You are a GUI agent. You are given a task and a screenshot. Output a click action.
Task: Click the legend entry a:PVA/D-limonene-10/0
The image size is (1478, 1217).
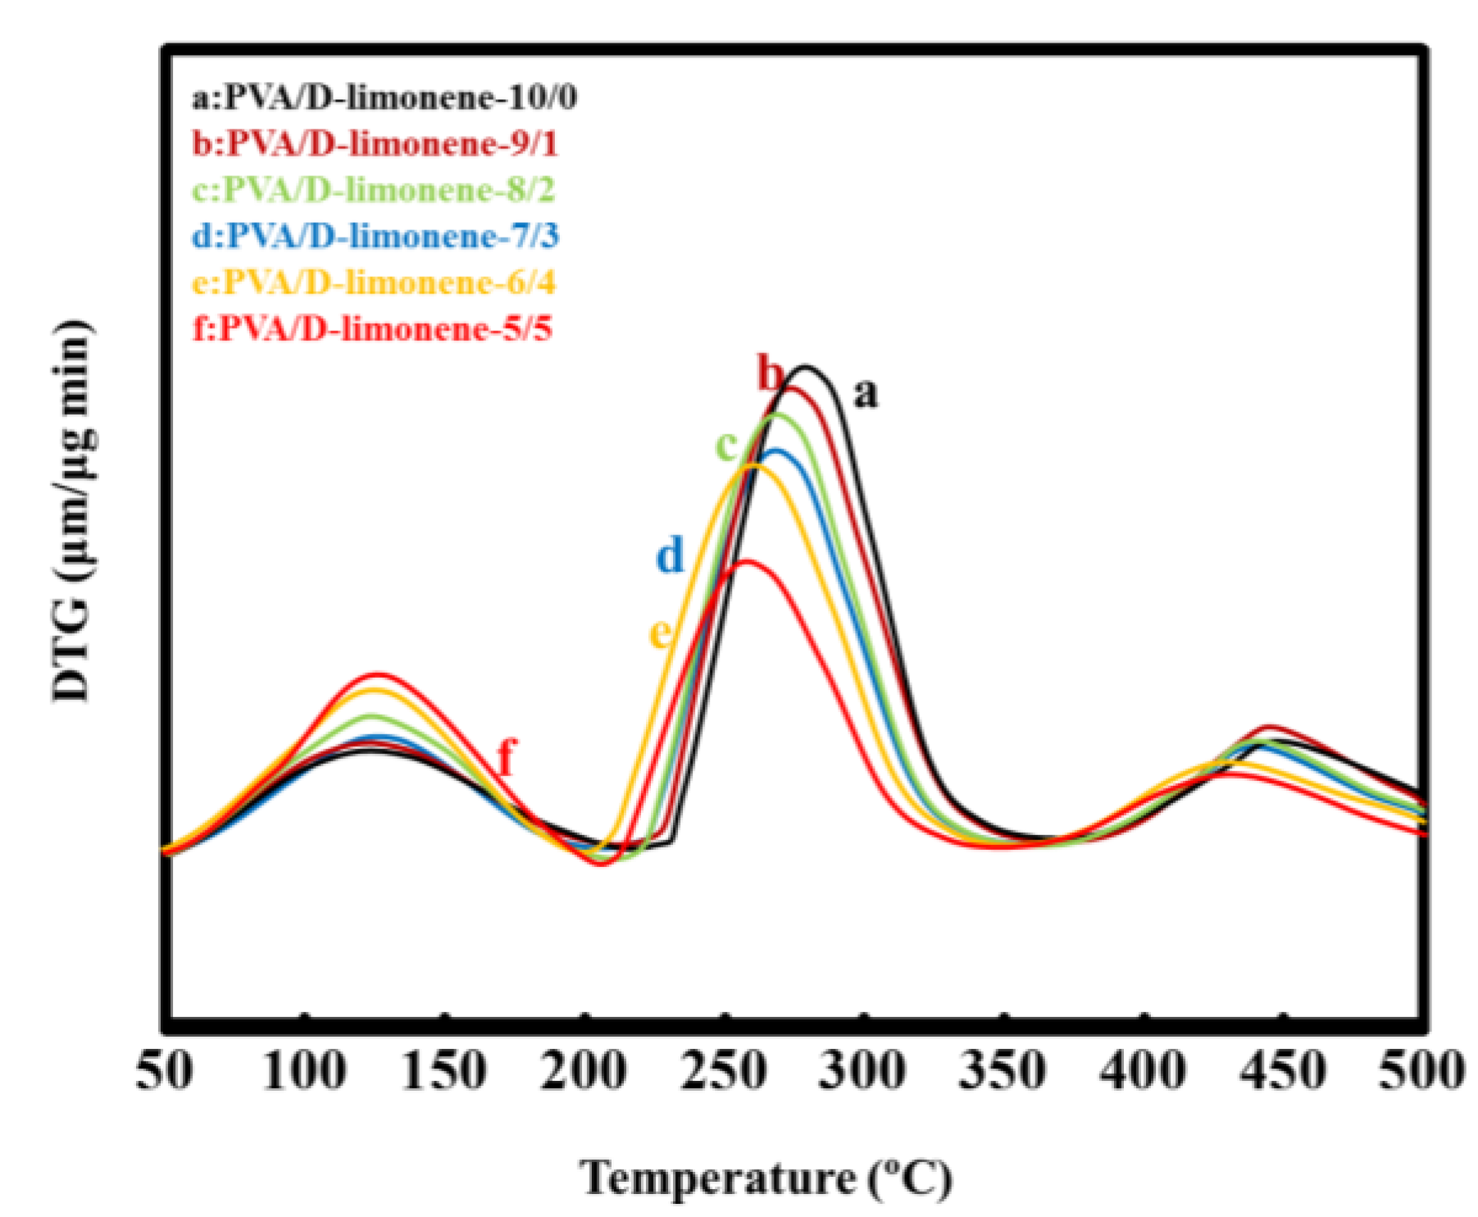[384, 98]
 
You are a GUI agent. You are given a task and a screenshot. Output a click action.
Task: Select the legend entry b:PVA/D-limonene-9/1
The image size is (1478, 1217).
[375, 144]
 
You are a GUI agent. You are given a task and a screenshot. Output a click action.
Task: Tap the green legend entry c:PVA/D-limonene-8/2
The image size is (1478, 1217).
[373, 190]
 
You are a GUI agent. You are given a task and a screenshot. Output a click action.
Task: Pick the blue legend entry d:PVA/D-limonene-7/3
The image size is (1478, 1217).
[375, 236]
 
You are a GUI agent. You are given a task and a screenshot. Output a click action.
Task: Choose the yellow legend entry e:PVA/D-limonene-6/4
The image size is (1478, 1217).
[373, 283]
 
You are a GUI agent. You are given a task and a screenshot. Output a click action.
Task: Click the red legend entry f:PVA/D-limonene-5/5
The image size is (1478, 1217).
[371, 329]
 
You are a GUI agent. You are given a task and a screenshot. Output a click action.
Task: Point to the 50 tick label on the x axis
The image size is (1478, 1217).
[165, 1070]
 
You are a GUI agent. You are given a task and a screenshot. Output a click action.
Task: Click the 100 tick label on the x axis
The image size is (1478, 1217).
[304, 1070]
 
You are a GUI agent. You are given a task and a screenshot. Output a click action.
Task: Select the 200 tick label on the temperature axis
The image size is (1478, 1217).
[584, 1070]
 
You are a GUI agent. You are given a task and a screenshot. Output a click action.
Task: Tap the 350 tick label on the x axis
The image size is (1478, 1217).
[1003, 1070]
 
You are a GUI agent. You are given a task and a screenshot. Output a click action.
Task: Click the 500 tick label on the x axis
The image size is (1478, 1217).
[1421, 1070]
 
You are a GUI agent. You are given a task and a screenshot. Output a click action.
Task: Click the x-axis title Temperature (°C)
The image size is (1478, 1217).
[766, 1178]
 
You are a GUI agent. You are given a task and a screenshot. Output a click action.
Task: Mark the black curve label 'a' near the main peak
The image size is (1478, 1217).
[865, 394]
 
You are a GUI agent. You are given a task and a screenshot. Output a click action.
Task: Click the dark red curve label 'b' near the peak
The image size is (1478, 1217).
[771, 374]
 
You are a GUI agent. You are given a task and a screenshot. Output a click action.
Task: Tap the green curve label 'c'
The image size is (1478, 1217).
[726, 446]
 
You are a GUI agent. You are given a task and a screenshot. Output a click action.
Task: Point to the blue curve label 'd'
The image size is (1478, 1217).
[670, 556]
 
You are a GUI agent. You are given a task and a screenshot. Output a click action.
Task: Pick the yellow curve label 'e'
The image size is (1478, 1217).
[661, 633]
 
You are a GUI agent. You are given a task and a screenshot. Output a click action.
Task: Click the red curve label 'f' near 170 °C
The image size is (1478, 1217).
[507, 756]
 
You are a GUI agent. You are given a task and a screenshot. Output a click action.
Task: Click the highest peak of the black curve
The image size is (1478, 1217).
[805, 367]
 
